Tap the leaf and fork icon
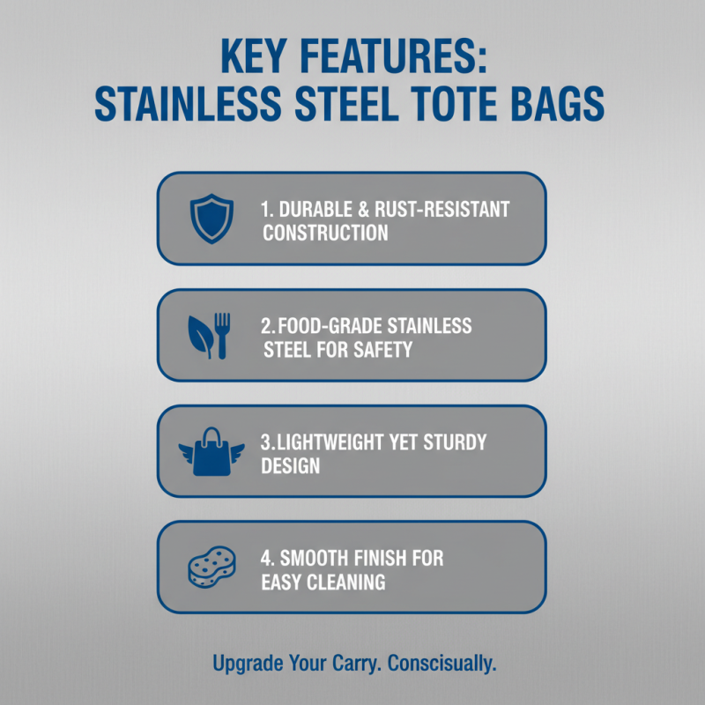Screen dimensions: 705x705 pos(209,336)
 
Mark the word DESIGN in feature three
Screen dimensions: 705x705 pos(290,465)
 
